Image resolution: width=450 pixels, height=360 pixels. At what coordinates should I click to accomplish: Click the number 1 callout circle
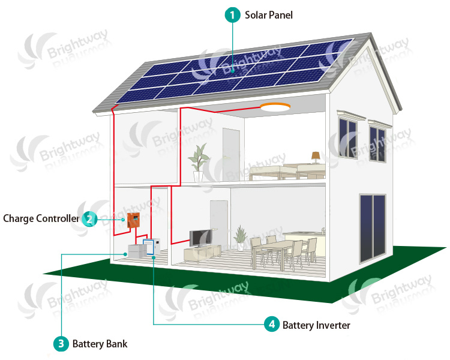click(x=232, y=15)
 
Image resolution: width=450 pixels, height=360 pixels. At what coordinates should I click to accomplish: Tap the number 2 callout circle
click(x=89, y=218)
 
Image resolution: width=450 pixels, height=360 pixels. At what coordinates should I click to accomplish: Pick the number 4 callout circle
click(x=272, y=325)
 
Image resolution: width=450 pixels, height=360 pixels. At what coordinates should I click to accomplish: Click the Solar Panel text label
click(x=269, y=15)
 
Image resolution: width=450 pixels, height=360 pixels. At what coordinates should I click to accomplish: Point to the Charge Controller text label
click(x=41, y=218)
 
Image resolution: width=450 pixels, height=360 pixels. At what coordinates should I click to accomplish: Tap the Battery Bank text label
click(x=100, y=344)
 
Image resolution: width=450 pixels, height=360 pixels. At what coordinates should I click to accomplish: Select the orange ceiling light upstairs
click(x=275, y=107)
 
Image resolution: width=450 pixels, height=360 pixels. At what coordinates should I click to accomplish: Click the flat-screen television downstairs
click(x=200, y=239)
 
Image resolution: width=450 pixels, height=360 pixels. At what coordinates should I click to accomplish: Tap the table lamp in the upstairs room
click(x=316, y=157)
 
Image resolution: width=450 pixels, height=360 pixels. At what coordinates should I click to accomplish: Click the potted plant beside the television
click(x=241, y=237)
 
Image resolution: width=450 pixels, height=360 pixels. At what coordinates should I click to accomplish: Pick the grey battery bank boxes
click(x=136, y=251)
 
